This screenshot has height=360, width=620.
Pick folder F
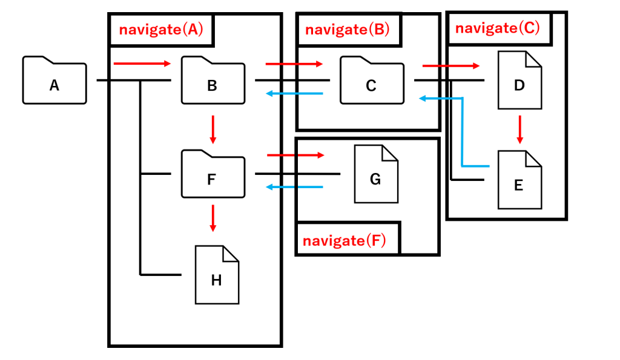point(213,175)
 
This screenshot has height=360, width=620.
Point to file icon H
point(217,275)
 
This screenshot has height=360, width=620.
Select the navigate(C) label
point(497,28)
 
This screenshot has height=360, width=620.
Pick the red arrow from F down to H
point(213,218)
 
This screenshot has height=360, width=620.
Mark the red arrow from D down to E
point(519,130)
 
